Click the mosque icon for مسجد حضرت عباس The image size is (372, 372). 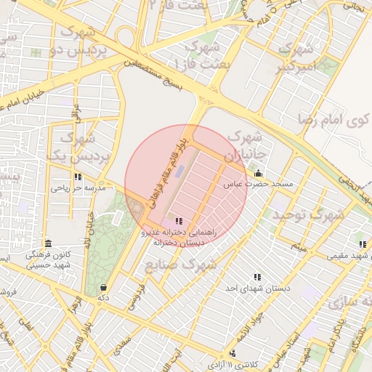259,173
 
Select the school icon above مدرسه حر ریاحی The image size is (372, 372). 78,177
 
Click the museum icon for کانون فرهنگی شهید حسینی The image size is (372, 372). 48,243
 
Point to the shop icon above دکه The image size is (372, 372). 104,287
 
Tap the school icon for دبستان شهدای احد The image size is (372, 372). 256,277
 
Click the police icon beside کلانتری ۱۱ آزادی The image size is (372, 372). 212,361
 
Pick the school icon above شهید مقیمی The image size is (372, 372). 362,244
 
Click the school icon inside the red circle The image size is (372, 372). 179,221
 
